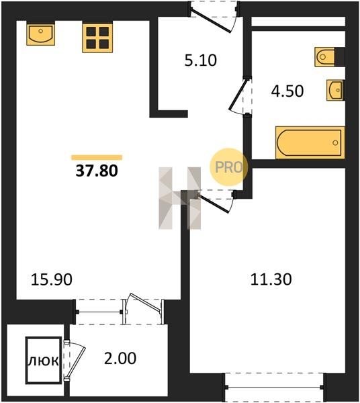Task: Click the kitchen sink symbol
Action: point(40,34)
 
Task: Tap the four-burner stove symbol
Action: point(97,38)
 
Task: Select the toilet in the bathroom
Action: point(325,57)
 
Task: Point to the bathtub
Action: point(310,142)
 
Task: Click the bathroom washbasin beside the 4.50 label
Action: point(335,90)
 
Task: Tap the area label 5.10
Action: point(200,60)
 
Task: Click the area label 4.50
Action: point(287,91)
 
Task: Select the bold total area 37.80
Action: point(97,171)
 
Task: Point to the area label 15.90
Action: point(52,279)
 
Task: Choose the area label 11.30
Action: point(271,279)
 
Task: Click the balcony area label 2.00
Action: point(120,358)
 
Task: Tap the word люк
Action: point(44,361)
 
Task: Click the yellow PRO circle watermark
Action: point(228,167)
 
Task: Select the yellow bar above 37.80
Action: point(97,157)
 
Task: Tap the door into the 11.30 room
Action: point(214,203)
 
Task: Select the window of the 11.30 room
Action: point(274,387)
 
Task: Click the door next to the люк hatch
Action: point(75,360)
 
